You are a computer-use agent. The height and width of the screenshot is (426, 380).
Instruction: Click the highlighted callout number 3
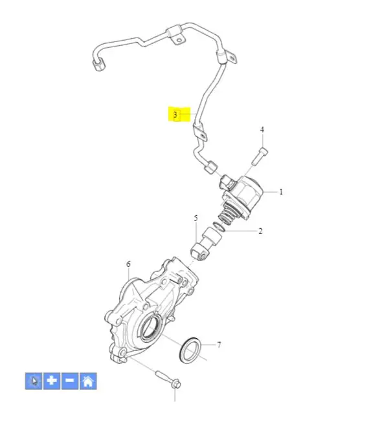pos(175,114)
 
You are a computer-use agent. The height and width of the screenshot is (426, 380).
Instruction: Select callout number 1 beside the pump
pos(281,192)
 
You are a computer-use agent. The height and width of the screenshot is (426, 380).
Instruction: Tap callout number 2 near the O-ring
pos(260,231)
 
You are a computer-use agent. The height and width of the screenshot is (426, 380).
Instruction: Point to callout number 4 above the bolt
pos(262,129)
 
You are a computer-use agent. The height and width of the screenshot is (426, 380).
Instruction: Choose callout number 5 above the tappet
pos(196,218)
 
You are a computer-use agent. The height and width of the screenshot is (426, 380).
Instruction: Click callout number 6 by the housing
pos(128,264)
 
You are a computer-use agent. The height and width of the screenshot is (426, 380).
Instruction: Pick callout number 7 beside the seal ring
pos(219,345)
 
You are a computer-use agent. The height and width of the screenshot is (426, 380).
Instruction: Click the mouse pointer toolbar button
pos(34,381)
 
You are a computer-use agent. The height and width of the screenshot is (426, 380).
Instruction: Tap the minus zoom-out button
pos(70,381)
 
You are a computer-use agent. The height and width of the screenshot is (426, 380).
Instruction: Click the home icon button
pos(88,381)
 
